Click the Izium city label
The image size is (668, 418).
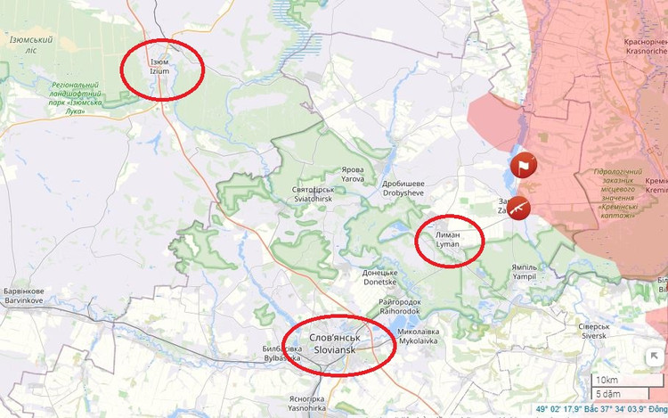[159, 66]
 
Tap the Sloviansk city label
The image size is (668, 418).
[334, 344]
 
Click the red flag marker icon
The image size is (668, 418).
[523, 165]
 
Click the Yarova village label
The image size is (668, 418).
[353, 173]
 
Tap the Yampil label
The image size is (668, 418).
[525, 272]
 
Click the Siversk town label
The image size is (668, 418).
[594, 331]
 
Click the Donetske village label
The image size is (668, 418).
[379, 277]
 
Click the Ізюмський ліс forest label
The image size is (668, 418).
[31, 45]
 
